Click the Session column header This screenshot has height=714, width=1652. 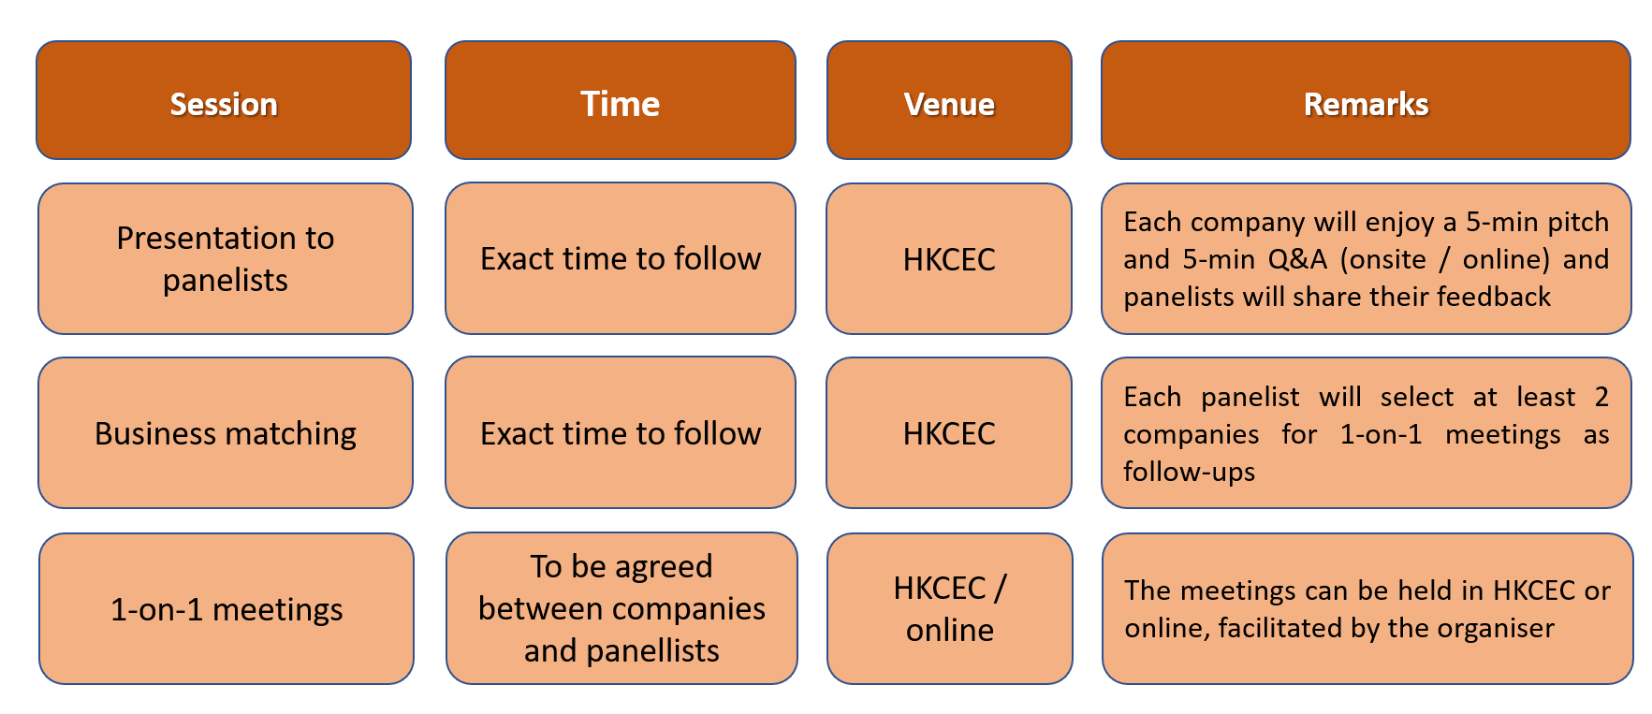click(224, 100)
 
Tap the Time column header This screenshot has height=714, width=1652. click(621, 100)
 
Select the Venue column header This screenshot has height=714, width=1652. click(949, 100)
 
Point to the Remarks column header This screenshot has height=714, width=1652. click(1366, 100)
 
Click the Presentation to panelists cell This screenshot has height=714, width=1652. click(226, 258)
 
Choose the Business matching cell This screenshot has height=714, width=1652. click(226, 432)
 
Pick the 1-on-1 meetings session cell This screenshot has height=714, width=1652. click(227, 608)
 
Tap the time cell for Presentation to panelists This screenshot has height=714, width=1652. click(621, 258)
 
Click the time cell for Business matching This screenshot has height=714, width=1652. click(621, 432)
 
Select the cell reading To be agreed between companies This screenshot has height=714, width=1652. click(621, 608)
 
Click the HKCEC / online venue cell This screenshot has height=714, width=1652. click(950, 608)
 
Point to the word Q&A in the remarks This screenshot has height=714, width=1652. click(1297, 259)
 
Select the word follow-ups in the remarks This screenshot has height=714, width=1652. click(1189, 472)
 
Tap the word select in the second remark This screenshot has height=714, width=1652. click(1417, 397)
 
